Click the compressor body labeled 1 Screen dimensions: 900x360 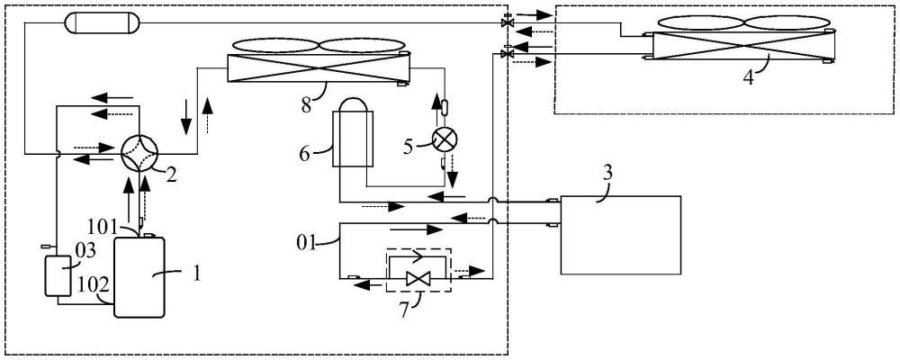coord(139,276)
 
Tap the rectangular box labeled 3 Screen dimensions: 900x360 coord(621,235)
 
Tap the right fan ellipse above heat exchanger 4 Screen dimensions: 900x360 coord(789,23)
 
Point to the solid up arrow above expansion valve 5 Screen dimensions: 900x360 coord(435,108)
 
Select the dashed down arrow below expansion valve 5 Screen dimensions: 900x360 coord(453,176)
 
